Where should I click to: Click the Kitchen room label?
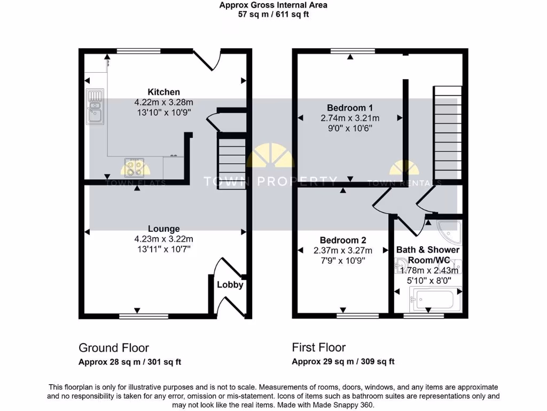point(163,92)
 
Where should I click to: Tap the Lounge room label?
point(163,229)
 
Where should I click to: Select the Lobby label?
point(230,285)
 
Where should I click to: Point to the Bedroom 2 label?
point(342,240)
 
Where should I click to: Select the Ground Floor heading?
point(114,348)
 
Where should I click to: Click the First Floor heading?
point(319,348)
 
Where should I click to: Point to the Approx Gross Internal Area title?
point(273,5)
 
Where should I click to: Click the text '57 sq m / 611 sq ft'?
point(273,14)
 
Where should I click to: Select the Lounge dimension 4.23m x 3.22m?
point(163,239)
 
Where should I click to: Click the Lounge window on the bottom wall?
point(137,316)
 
